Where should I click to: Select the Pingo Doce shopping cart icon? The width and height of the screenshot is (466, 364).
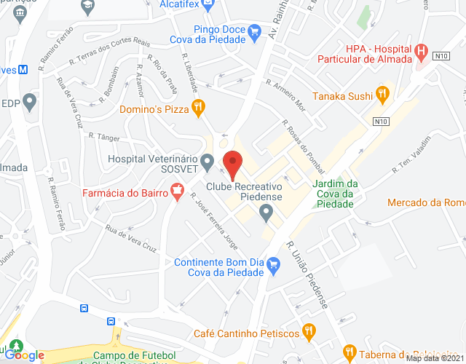[x=254, y=31]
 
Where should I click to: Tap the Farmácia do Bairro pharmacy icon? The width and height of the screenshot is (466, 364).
[x=175, y=191]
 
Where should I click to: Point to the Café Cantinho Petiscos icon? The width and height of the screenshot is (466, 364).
[x=309, y=332]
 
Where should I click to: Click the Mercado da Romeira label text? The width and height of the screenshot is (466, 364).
[x=426, y=202]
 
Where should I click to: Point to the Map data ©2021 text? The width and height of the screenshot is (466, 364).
[x=434, y=358]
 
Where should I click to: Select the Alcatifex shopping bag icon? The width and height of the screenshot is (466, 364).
[x=208, y=4]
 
